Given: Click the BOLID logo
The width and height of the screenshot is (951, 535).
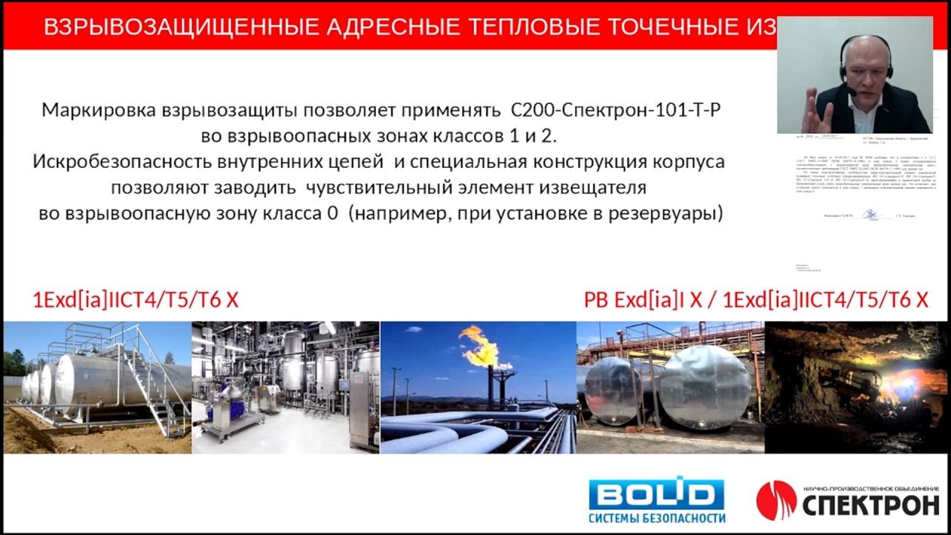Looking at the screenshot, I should click(656, 494).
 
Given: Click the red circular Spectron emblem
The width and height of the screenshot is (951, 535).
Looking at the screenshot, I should click(776, 499).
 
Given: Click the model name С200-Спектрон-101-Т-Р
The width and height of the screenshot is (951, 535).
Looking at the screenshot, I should click(616, 111).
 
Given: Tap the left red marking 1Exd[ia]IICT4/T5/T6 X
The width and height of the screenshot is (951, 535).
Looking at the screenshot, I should click(136, 300).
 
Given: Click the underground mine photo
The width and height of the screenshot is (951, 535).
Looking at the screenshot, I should click(856, 386).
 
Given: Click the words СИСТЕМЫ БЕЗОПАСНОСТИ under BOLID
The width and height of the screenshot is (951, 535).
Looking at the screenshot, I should click(656, 518).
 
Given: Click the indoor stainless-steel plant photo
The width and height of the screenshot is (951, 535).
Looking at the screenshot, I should click(285, 386).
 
